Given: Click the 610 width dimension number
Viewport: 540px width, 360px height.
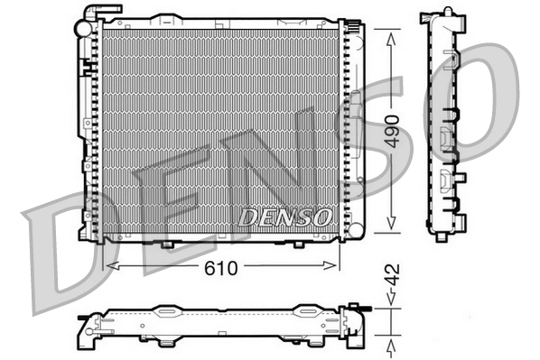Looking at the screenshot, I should [x=222, y=266].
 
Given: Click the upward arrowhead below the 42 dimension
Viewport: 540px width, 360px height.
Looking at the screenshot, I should [x=390, y=346].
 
